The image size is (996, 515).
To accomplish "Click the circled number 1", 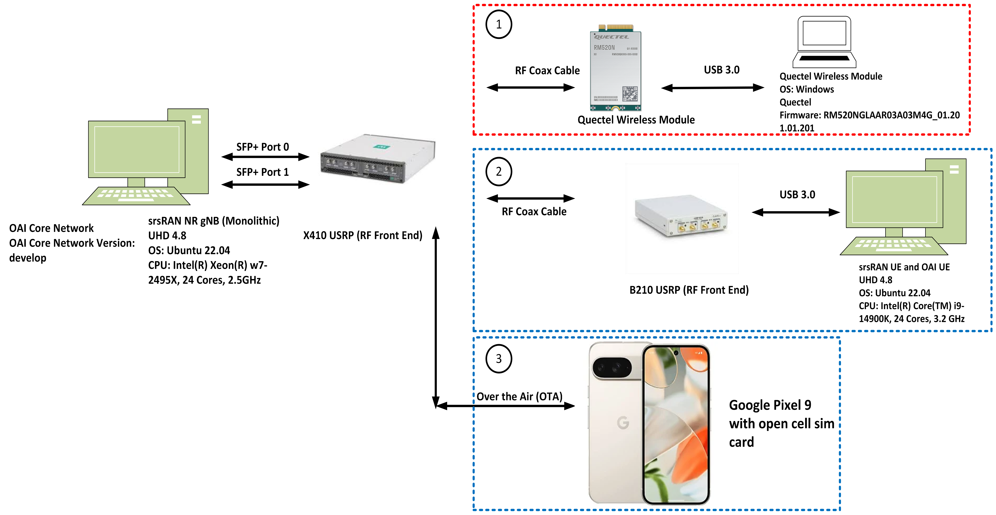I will [499, 24].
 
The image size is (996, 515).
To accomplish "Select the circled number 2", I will [499, 171].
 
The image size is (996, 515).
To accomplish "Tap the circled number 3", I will [499, 359].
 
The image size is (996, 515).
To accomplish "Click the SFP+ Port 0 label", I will [262, 147].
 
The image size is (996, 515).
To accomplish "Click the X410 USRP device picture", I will [378, 159].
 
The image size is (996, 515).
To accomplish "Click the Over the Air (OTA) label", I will [519, 397].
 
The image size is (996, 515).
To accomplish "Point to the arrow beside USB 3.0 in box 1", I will [713, 88].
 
